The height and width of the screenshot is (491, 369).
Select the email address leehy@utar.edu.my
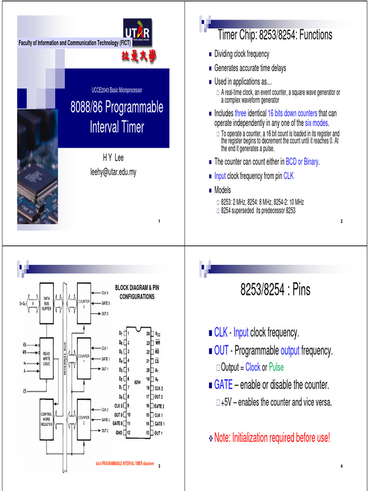113,172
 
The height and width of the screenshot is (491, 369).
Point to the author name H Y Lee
113,158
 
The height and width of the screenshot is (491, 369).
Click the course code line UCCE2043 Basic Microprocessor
117,90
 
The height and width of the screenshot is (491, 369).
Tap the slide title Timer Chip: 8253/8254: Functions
275,35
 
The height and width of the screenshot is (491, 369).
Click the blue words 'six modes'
316,123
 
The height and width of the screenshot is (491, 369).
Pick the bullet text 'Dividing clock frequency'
242,54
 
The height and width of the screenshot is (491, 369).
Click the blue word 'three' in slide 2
240,114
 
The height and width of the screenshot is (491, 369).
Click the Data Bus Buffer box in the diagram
47,303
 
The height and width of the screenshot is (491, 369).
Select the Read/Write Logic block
47,358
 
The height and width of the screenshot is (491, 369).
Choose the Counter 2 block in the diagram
84,420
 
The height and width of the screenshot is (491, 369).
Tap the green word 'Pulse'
276,367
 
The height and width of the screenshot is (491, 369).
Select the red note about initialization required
272,437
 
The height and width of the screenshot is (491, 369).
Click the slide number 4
341,467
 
